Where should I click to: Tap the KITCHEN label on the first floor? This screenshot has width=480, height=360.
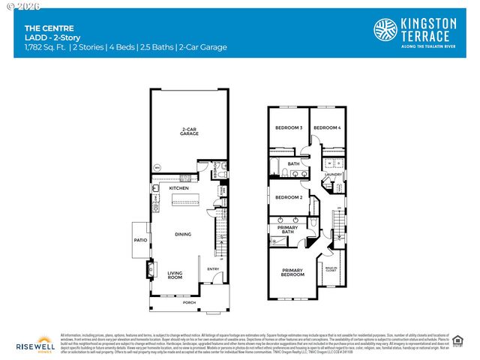pos(178,188)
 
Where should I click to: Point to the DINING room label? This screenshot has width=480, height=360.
pos(183,235)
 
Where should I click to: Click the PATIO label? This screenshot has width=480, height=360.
pos(140,241)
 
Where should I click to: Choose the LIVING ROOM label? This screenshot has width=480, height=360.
pos(175,275)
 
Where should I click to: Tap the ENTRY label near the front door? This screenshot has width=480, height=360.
pos(212,269)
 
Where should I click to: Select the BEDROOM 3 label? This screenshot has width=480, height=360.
pos(288,128)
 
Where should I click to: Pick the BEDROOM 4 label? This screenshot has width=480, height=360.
pos(327,128)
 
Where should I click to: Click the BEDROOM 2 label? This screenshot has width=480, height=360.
pos(288,197)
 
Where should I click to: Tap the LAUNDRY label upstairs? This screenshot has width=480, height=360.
pos(333,175)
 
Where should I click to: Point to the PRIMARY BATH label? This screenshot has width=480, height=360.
pos(287,229)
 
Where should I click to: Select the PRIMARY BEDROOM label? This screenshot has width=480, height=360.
pos(292,272)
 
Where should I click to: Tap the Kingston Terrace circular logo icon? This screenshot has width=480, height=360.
pos(386,31)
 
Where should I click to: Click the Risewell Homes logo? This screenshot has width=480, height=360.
pos(36,343)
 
